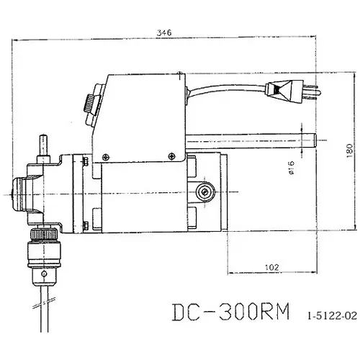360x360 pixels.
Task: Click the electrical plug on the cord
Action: [282, 91]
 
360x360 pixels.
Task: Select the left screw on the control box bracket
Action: [106, 153]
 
